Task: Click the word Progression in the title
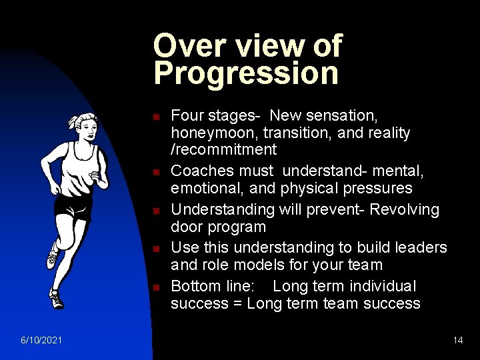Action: pyautogui.click(x=246, y=73)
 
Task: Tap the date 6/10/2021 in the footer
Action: pyautogui.click(x=41, y=340)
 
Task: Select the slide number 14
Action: pyautogui.click(x=457, y=340)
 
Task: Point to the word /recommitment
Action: pyautogui.click(x=223, y=149)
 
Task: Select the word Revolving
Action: pyautogui.click(x=405, y=209)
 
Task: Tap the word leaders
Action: pyautogui.click(x=420, y=247)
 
